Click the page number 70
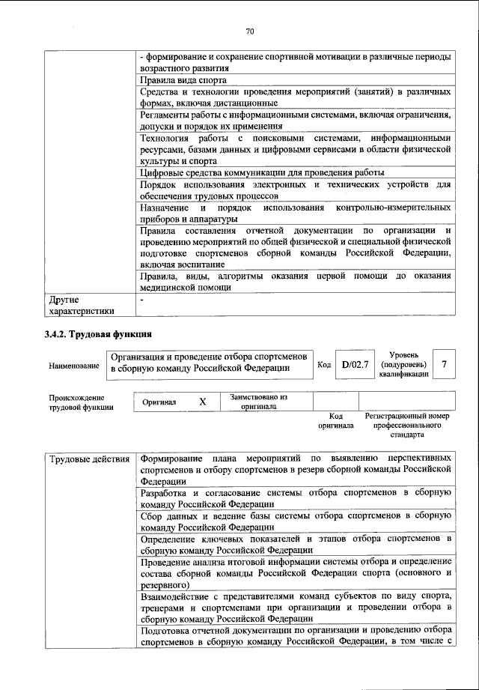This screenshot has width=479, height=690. (250, 31)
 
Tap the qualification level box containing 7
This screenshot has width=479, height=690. (445, 365)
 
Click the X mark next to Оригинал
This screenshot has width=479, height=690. (202, 402)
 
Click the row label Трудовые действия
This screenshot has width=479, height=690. (88, 458)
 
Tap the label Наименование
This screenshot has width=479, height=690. (74, 366)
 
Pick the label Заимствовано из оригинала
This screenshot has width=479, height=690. (258, 402)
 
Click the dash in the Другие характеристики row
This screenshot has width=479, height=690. (141, 299)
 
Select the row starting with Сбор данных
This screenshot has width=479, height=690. (295, 522)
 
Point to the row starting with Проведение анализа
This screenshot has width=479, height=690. (295, 572)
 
